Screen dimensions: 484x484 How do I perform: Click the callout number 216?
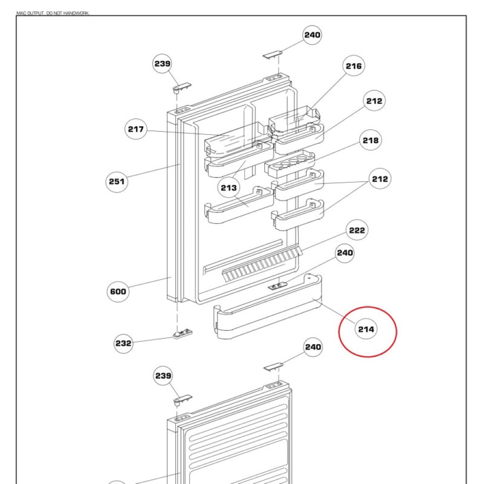click(354, 66)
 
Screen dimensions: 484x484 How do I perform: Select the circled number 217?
click(136, 129)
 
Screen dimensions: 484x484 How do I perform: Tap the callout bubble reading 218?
click(371, 140)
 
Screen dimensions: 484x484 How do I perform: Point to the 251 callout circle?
click(117, 181)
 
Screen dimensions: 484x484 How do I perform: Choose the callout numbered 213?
click(229, 188)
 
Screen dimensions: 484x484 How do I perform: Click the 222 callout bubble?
click(357, 230)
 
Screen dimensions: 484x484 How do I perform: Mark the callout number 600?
click(118, 291)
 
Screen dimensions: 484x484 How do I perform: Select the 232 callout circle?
click(123, 343)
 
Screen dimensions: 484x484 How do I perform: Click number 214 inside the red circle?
click(366, 329)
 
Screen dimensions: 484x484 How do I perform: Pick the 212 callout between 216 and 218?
click(374, 101)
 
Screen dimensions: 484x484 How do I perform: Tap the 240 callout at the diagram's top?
click(312, 35)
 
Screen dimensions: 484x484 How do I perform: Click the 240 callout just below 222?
click(345, 253)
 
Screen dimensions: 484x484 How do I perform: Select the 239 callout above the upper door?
click(163, 64)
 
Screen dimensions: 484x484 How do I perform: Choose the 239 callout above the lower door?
click(163, 376)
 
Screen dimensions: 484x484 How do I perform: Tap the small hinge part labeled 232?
click(183, 334)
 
